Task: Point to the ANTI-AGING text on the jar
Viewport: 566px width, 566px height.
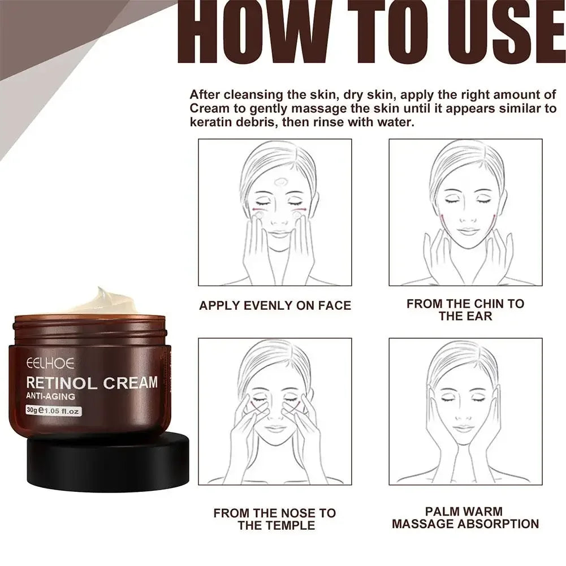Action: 50,397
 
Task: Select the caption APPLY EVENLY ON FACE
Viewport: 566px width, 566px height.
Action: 275,306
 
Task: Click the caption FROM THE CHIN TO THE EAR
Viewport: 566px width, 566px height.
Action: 465,310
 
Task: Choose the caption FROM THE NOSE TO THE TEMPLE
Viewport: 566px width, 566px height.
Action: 274,519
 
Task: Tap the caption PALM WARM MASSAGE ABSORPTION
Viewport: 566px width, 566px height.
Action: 465,518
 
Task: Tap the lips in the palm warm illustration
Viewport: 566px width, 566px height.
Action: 464,429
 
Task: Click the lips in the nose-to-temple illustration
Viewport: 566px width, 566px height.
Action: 276,429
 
